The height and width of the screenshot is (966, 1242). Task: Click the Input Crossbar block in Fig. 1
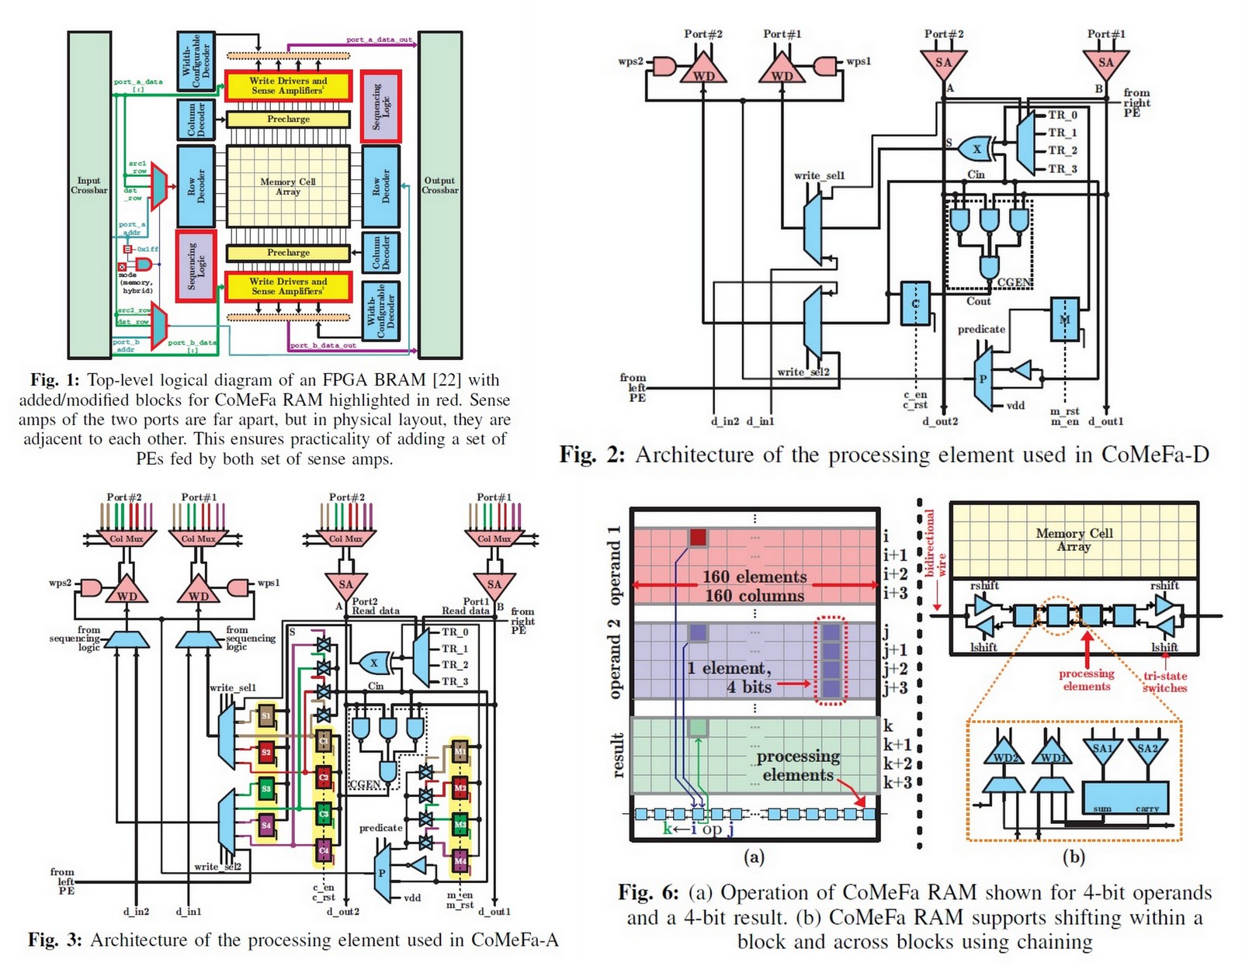89,194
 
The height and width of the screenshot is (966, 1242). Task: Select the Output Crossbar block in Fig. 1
440,194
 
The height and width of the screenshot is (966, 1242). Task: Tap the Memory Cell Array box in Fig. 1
288,186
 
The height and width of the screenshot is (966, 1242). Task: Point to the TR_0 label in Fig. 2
1063,115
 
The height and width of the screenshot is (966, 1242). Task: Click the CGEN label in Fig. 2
1014,282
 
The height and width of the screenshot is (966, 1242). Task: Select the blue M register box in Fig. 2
1064,319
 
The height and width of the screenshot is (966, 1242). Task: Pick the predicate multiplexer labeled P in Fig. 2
983,379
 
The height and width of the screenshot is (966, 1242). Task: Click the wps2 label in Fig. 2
630,61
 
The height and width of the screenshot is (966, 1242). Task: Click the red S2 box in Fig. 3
266,752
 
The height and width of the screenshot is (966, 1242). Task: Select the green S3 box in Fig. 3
266,788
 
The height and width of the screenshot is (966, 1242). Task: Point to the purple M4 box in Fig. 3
460,861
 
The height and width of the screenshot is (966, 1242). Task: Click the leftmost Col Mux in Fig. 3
127,538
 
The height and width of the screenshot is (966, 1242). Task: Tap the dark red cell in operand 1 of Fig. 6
698,537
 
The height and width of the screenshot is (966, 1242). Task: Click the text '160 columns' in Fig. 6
754,596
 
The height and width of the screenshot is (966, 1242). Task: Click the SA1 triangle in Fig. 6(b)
1103,750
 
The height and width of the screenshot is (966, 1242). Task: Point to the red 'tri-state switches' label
1164,682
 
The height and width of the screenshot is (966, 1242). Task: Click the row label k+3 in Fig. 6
897,782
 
